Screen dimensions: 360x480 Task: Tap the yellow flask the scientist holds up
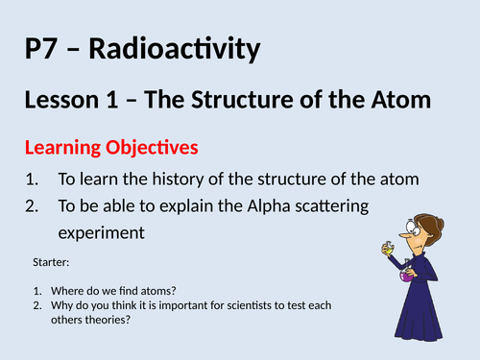pos(390,247)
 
